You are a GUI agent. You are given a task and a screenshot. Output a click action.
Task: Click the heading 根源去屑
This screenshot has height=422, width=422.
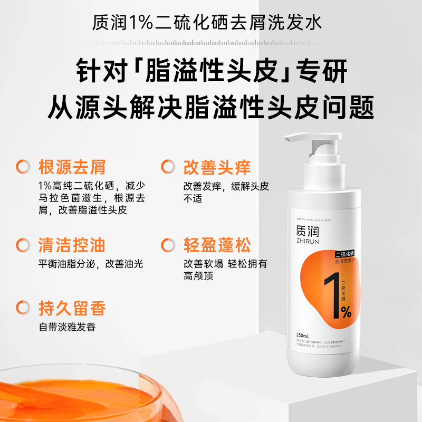tap(72, 167)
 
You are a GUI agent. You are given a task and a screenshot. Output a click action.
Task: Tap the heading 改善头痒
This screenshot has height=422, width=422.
tap(217, 167)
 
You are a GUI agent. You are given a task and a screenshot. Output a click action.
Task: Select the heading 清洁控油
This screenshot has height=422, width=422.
tap(72, 245)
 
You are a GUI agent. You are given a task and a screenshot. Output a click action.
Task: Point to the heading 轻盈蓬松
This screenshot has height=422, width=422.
tap(217, 245)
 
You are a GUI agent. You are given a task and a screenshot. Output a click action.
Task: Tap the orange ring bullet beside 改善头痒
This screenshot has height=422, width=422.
tap(168, 167)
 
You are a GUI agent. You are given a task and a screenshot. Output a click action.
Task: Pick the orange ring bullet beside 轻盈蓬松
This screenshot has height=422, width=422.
tap(168, 245)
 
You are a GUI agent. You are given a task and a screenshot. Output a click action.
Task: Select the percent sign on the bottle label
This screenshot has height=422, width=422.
tap(346, 312)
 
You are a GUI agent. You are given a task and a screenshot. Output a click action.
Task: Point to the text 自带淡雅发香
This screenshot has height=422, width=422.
tap(66, 327)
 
